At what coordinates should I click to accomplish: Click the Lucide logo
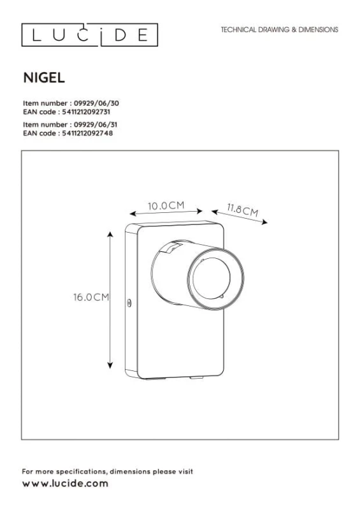(90, 35)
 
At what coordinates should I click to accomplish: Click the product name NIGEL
(44, 78)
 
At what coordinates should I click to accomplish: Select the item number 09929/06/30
(96, 103)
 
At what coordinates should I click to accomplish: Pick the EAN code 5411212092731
(86, 112)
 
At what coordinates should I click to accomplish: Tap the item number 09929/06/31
(96, 124)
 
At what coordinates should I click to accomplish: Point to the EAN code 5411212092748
(87, 133)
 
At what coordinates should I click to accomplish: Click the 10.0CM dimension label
(166, 205)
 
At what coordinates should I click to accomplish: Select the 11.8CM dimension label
(243, 210)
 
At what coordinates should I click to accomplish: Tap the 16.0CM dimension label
(91, 297)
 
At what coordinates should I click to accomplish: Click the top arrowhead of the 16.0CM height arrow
(110, 234)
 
